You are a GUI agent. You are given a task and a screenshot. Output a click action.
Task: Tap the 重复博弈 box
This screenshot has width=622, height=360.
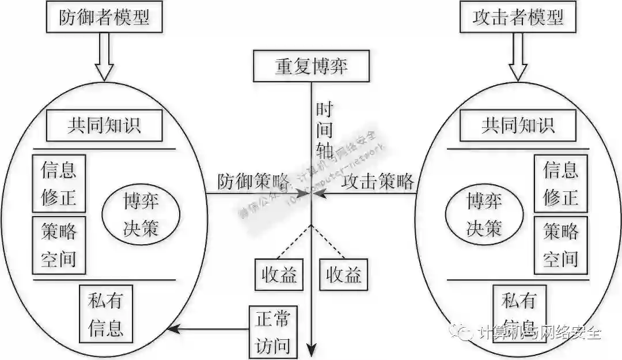coord(311,66)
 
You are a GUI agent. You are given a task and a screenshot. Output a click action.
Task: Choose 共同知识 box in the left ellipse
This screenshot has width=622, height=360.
coord(104,125)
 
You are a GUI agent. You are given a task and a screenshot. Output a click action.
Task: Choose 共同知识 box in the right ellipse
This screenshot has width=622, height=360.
coord(518,125)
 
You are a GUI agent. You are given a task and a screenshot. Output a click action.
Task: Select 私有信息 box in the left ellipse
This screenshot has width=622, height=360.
coord(106,314)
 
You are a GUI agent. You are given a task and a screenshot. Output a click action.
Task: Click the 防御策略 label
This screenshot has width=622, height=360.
coord(253,181)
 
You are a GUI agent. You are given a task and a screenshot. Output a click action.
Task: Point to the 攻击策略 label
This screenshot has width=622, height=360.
coord(378,181)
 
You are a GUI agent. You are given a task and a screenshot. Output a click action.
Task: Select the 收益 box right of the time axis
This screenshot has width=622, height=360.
coord(344,275)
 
